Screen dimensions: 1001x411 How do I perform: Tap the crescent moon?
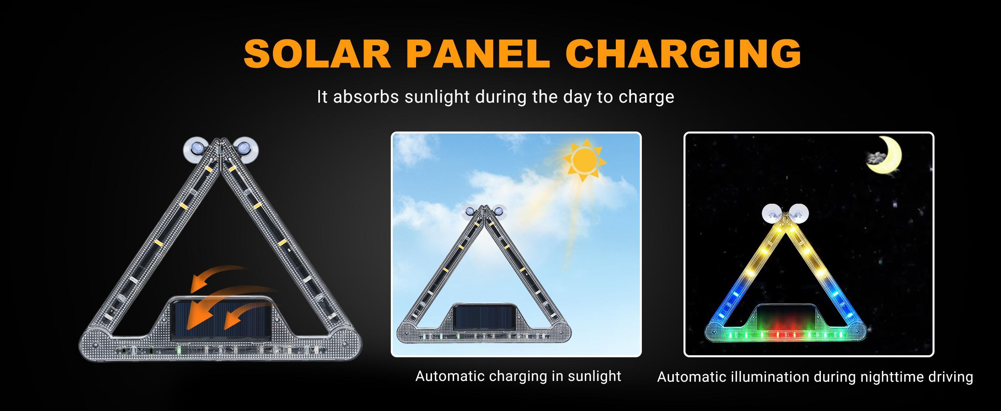tap(892, 155)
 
